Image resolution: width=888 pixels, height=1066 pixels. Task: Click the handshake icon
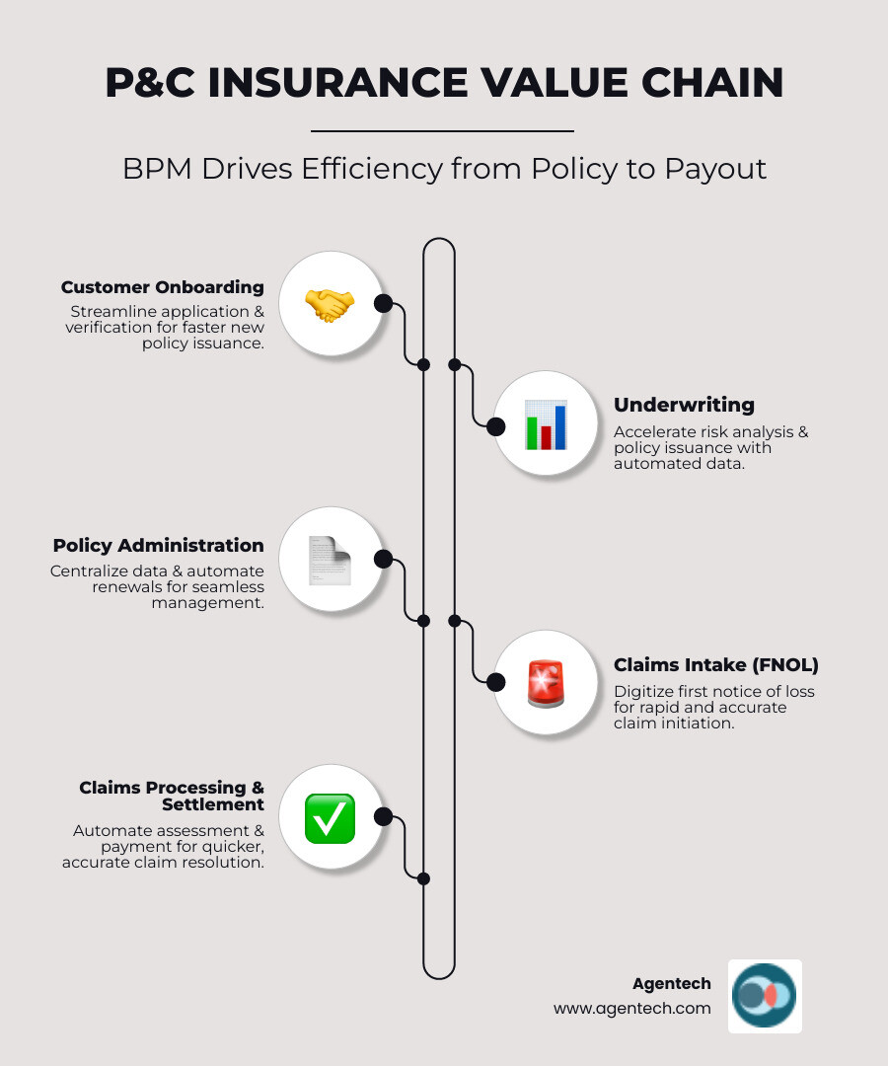(x=330, y=304)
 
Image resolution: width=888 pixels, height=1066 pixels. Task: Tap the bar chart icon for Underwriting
(x=546, y=424)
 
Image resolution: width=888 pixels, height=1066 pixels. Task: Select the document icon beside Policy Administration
(x=330, y=560)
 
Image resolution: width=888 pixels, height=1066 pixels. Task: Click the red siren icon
(x=546, y=683)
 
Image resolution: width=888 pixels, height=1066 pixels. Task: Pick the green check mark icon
(x=330, y=818)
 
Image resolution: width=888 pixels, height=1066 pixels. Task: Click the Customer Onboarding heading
(x=163, y=287)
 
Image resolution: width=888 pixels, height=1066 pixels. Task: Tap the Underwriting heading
(x=684, y=405)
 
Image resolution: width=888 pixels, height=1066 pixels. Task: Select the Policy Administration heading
(x=159, y=545)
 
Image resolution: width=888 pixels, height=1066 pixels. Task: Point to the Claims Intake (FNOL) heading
(x=716, y=664)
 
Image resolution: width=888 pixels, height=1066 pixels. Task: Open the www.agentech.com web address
(x=631, y=1008)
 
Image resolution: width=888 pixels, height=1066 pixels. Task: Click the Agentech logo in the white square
(x=765, y=996)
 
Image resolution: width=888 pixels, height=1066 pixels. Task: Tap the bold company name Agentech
(x=671, y=983)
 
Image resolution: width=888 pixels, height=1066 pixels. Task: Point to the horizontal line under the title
(x=442, y=130)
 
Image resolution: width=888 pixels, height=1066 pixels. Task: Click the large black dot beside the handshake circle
(x=384, y=304)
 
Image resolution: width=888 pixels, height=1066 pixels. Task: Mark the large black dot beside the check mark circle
(x=384, y=817)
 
